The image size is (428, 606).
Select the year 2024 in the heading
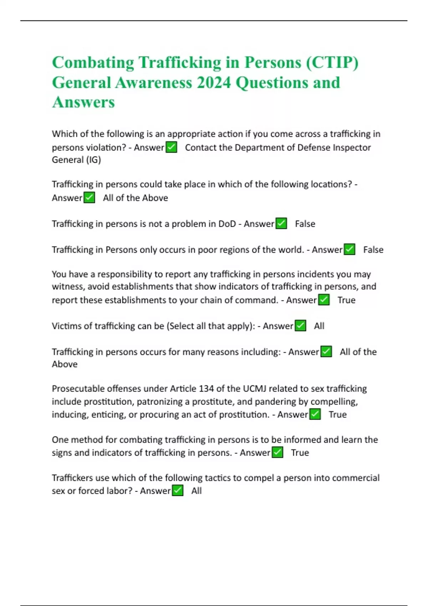(214, 82)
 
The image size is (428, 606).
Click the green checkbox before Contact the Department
(172, 147)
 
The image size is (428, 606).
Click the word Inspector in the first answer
(351, 147)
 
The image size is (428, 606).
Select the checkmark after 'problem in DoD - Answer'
(281, 224)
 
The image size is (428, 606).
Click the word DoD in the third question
(227, 224)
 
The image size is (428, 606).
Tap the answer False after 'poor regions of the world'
(373, 250)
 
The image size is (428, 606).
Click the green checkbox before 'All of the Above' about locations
(89, 197)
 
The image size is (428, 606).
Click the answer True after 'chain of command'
(346, 300)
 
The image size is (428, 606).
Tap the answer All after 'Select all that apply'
(319, 326)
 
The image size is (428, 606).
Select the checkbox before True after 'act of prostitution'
(315, 414)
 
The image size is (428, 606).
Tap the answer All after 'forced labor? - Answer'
(196, 491)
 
